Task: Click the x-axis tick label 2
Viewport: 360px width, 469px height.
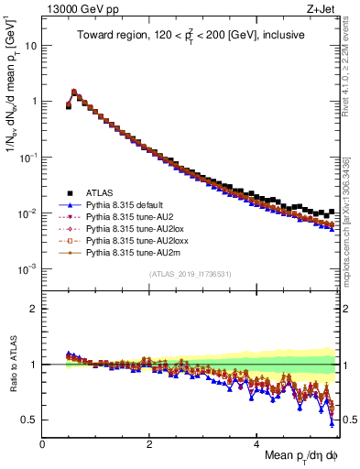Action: tap(149, 442)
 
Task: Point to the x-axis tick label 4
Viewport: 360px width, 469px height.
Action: tap(257, 442)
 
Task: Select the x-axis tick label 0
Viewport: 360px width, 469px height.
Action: tap(43, 442)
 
